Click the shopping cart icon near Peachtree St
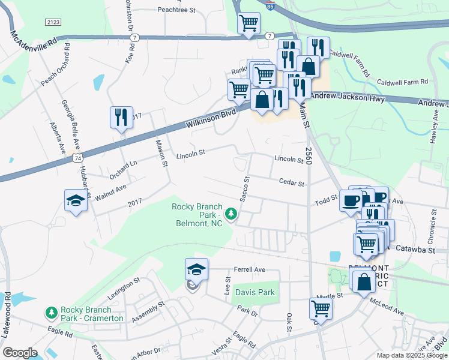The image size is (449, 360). coord(249,24)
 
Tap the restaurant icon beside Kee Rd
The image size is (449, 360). coord(121,117)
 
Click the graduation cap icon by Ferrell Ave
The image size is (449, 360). coord(196,269)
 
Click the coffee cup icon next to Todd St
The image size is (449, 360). coord(351,200)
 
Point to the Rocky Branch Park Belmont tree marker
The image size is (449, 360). coord(231,214)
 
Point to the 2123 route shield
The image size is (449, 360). coord(53,22)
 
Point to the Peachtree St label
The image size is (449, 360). coord(176,10)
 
